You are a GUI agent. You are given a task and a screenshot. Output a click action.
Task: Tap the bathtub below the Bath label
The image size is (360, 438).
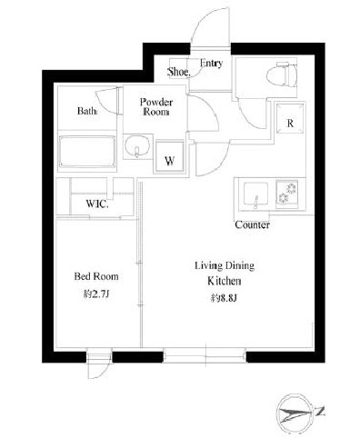click(x=87, y=151)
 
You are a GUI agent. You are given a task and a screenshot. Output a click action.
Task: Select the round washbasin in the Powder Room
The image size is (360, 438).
click(x=137, y=146)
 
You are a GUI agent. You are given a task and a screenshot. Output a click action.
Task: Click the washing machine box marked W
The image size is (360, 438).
click(x=170, y=156)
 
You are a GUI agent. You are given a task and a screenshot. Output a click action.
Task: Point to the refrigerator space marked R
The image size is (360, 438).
click(x=290, y=118)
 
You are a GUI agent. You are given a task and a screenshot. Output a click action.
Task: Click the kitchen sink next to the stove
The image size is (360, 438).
click(x=256, y=194)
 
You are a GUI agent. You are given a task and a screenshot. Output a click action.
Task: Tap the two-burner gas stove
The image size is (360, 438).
click(x=286, y=193)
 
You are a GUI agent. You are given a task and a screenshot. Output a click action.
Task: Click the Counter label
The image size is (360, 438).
click(x=252, y=224)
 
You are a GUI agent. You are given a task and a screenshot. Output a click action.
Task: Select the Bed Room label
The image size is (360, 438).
click(x=96, y=276)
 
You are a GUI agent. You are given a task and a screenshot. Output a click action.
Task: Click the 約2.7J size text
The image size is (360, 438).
click(x=96, y=294)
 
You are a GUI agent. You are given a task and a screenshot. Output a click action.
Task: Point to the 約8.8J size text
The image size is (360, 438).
click(x=224, y=298)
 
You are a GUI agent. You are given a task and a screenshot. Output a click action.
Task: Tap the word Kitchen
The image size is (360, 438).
click(x=225, y=281)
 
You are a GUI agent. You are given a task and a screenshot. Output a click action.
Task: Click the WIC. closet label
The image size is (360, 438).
click(x=97, y=204)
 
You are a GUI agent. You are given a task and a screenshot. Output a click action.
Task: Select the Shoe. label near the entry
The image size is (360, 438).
click(x=179, y=72)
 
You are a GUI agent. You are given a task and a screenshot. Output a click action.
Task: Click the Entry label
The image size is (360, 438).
click(x=211, y=63)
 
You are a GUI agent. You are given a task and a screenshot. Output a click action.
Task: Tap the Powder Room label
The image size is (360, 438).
click(x=156, y=107)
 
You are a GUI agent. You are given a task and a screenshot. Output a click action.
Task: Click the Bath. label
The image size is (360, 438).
click(x=87, y=111)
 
